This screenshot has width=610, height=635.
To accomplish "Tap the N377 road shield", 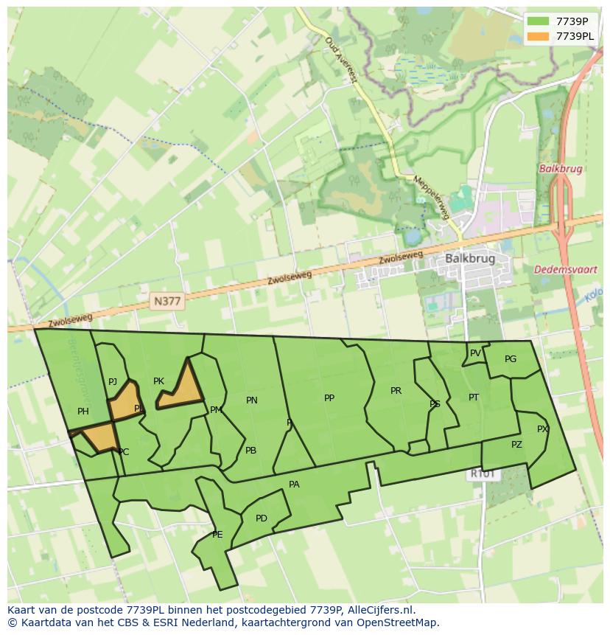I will pos(167,301).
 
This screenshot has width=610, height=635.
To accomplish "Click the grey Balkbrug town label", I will pos(469,259).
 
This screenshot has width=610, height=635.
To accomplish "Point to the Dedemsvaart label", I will pos(565,270).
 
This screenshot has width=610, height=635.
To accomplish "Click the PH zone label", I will pos(83,412).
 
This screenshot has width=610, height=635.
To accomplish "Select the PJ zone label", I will pos(113,382).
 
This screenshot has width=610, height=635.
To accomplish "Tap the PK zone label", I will pos(158,381).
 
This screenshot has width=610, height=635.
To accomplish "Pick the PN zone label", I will pos(252,400).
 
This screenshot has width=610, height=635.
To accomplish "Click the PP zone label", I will pos(329,398).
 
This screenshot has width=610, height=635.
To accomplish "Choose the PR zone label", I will pos(396,391).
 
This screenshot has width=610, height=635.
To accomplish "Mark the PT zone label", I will pos(474,398).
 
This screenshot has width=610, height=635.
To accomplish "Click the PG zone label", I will pos(511,359).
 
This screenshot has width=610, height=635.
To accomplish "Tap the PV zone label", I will pos(475,353).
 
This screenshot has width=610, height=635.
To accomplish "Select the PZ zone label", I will pos(516,445).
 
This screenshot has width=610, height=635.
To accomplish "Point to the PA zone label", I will pos(294,485).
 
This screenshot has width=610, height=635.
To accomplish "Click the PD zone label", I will pos(262,518).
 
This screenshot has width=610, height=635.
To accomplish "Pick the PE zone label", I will pos(217,535).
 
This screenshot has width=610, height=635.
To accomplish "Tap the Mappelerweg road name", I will pos(430,197).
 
